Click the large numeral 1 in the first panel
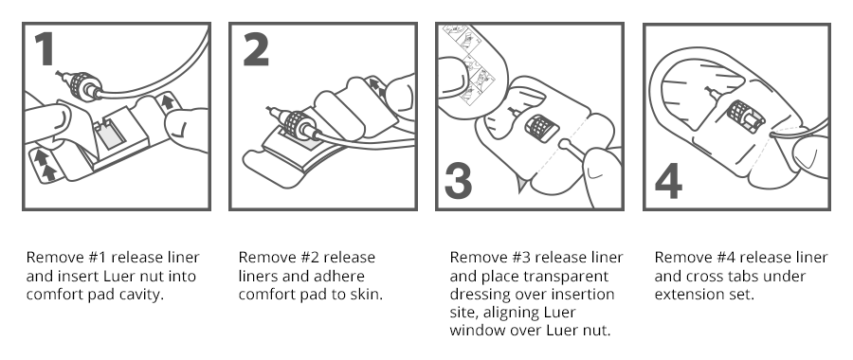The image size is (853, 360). (x=45, y=48)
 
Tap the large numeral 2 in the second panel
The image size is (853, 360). (x=256, y=49)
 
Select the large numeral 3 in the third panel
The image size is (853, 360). (x=458, y=181)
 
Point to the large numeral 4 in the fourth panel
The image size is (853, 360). (x=668, y=181)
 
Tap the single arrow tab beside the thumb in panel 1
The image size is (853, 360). (x=168, y=101)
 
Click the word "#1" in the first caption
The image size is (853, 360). (x=98, y=258)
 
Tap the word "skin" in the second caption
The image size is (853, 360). (x=367, y=295)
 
